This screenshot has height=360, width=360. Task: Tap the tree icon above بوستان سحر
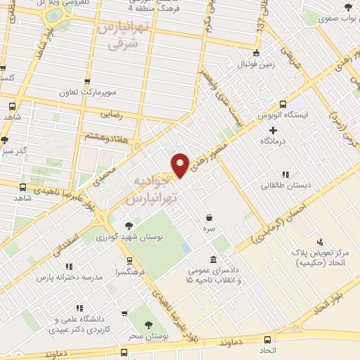(x=148, y=325)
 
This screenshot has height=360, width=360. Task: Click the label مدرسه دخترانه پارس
(x=70, y=277)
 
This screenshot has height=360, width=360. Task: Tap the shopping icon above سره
(x=209, y=218)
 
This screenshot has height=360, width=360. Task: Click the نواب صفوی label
(x=338, y=21)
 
